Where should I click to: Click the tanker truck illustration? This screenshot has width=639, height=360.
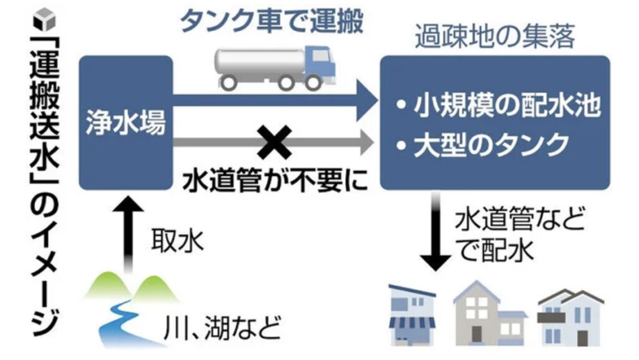click(x=275, y=66)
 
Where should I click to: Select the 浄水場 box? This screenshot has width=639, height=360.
click(x=125, y=123)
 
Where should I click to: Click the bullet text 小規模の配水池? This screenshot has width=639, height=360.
click(x=499, y=108)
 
